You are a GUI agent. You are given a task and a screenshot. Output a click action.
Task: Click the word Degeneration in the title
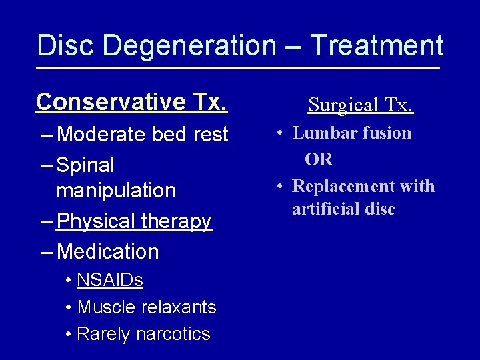pos(189,46)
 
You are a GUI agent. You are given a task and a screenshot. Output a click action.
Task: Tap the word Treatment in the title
pos(377,46)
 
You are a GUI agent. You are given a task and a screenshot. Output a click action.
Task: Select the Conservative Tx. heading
pos(132,102)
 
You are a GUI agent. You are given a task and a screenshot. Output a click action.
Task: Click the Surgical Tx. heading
pos(361,105)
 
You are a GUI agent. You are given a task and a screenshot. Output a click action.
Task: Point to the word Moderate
pos(102,135)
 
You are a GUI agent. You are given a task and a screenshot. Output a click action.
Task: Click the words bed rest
pos(191,135)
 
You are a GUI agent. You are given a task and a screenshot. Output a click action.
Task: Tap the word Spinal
pos(86,165)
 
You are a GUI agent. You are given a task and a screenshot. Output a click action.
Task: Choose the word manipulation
pos(117,191)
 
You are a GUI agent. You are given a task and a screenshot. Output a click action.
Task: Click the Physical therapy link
pos(135,221)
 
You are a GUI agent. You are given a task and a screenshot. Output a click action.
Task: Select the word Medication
pos(109,252)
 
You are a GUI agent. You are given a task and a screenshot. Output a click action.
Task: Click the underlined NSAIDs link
pos(110,280)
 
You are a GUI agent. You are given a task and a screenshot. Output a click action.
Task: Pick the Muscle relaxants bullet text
pos(147,307)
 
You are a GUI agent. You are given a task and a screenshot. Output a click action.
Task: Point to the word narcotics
pos(174,334)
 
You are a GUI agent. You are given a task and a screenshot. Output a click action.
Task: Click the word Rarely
pos(105,334)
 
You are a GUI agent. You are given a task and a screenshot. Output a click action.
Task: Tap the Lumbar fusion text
pos(352,133)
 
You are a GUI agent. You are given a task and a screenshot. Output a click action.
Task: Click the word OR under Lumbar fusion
pos(319,159)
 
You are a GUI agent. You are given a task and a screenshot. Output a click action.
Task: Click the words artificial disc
pos(343,209)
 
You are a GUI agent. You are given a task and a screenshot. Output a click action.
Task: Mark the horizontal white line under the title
pos(239,68)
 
